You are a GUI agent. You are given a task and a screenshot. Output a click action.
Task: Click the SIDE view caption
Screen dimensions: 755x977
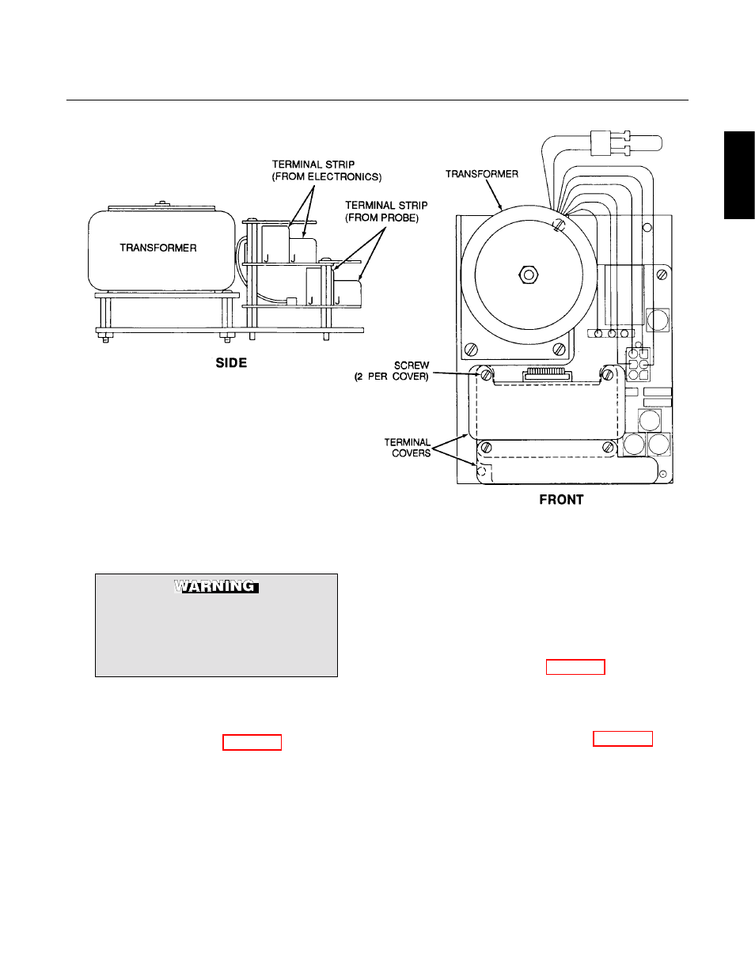coord(231,363)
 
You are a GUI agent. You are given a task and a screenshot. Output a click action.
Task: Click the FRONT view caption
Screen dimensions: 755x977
coord(561,499)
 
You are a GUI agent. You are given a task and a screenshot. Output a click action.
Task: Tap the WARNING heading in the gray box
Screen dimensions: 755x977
coord(216,586)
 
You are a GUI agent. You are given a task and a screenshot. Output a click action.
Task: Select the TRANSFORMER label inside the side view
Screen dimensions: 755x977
coord(157,248)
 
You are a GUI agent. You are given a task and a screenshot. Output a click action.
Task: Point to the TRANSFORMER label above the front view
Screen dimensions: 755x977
coord(482,174)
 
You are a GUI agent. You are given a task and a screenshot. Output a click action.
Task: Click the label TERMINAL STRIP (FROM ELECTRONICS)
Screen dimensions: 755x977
coord(327,171)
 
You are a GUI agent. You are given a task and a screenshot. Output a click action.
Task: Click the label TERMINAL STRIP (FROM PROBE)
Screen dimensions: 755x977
coord(386,212)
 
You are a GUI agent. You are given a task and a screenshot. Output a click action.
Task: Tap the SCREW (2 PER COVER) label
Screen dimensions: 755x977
coord(392,371)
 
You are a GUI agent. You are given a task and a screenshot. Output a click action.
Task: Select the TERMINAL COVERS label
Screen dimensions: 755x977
coord(408,448)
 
